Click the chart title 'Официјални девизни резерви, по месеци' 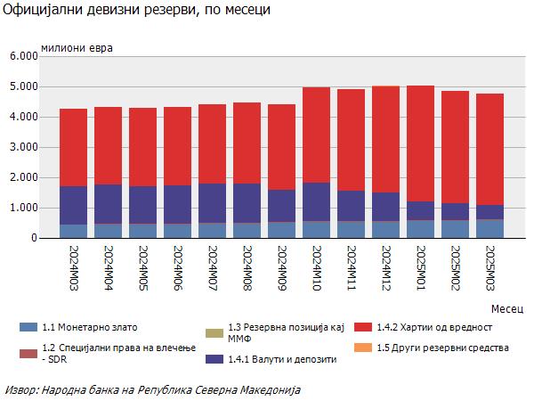pos(134,11)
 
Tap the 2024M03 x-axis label pos(74,266)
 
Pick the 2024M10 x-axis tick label pos(316,266)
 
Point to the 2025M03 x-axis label pos(489,266)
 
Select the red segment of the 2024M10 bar pos(316,135)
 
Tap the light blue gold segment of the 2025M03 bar pos(489,229)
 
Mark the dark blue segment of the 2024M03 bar pos(74,205)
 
